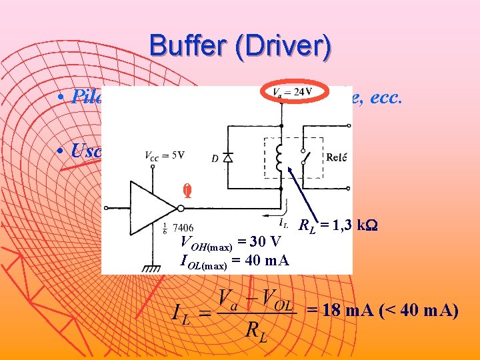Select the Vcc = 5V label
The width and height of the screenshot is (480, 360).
point(164,155)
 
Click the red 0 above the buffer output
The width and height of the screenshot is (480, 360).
point(188,191)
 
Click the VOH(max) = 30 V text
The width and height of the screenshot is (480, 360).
point(231,242)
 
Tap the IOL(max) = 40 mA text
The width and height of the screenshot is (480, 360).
point(235,261)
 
